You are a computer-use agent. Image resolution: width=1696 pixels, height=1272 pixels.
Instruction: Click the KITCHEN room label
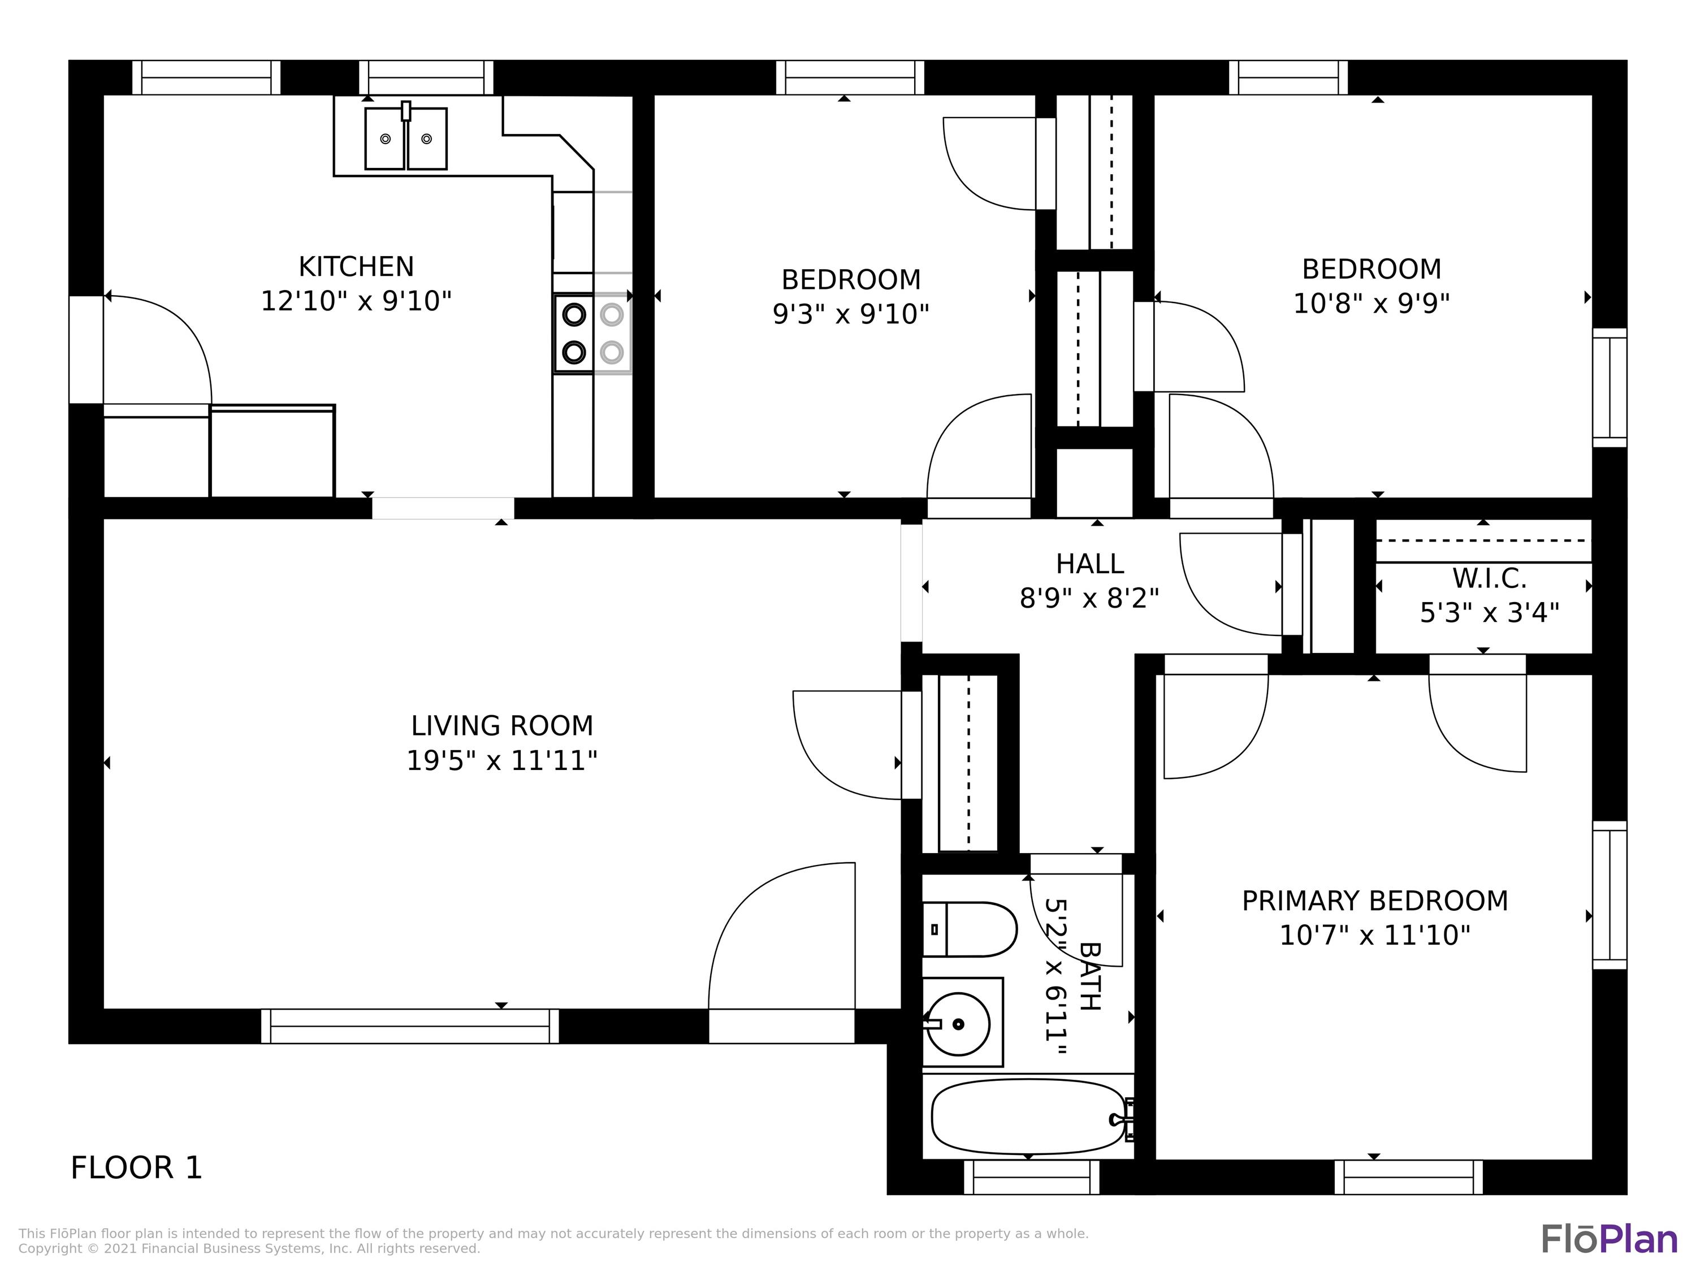(356, 267)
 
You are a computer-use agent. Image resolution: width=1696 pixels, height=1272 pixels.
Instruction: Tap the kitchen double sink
(405, 139)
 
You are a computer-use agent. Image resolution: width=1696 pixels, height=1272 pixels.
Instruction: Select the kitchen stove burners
(592, 334)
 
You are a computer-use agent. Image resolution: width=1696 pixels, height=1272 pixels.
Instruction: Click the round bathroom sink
(958, 1024)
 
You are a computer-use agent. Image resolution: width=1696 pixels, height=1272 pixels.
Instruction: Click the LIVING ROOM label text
(501, 725)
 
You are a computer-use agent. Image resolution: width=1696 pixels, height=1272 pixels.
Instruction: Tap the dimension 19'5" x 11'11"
(501, 760)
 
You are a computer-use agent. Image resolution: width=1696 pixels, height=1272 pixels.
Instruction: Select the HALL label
(1089, 564)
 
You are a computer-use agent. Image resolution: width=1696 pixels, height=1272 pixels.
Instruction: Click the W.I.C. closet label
(1489, 579)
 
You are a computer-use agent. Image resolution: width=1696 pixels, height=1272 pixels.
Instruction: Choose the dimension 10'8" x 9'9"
(1371, 304)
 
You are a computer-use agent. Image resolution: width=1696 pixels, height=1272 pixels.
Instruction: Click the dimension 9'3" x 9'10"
(850, 314)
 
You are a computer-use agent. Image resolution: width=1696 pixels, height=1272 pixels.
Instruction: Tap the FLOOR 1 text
(136, 1168)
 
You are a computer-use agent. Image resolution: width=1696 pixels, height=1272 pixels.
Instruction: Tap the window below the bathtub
(1031, 1177)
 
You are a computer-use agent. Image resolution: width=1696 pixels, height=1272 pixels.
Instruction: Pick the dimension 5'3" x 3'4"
(1489, 613)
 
